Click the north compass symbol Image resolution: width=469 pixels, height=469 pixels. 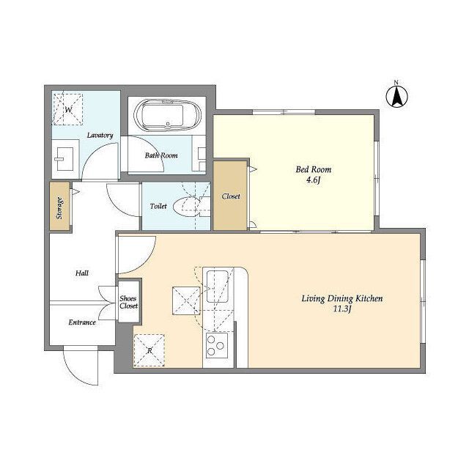[396, 96]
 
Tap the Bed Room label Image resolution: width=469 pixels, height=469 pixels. [314, 169]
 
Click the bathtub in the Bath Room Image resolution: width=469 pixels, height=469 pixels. [168, 116]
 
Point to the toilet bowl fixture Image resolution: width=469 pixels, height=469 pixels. [189, 206]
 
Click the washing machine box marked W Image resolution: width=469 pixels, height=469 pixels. [67, 109]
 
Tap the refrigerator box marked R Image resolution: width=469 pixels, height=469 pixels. [149, 350]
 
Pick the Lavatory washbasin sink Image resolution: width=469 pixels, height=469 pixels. [64, 159]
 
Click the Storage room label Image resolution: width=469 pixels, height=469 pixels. [59, 207]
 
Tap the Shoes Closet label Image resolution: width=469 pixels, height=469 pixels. [129, 302]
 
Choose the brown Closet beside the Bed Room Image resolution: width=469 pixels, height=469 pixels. [230, 196]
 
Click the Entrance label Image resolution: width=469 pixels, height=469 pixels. [82, 322]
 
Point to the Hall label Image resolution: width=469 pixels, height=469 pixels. [81, 273]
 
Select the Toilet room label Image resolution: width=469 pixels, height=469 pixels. [158, 206]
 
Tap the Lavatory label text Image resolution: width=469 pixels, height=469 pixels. [100, 135]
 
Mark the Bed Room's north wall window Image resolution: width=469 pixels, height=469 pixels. [284, 112]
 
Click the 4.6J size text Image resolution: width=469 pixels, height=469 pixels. [313, 180]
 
